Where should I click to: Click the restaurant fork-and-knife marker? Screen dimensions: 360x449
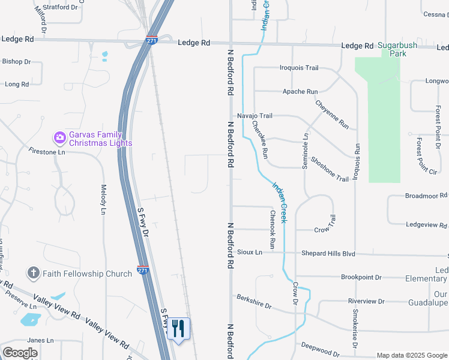pos(178,329)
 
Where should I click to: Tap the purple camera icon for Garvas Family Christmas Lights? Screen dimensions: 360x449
pos(59,138)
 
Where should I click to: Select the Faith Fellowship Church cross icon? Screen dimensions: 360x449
pos(33,274)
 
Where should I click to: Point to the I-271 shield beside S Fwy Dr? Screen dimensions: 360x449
pos(143,270)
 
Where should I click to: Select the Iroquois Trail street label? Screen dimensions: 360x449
pos(299,68)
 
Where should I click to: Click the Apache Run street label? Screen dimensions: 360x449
pos(300,92)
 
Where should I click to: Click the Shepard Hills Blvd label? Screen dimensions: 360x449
pos(328,254)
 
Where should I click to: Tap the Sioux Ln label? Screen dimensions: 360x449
pos(250,253)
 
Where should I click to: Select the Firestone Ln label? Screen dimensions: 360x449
pos(46,152)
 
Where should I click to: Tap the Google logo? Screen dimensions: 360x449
pos(20,353)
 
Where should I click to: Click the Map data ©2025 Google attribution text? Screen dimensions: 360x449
pos(411,355)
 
